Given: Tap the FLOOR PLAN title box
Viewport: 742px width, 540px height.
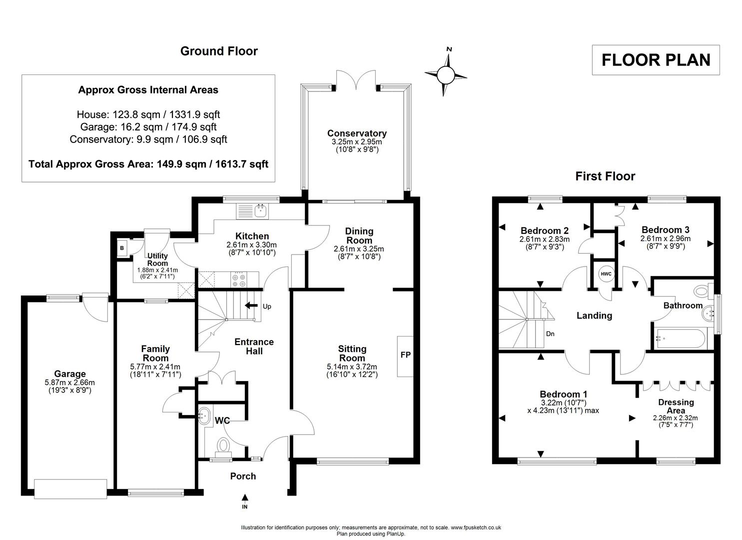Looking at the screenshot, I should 655,60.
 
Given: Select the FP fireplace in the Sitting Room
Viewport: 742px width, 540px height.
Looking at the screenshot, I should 405,355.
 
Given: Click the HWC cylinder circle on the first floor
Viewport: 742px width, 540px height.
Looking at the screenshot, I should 606,274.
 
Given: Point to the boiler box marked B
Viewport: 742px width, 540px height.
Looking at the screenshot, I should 121,247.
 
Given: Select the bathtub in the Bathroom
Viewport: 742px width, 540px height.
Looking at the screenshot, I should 680,338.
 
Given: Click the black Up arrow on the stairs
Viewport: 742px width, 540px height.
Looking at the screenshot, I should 251,305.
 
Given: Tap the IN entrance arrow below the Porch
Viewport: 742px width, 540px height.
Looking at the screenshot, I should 245,498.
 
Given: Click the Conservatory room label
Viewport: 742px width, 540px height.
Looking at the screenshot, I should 357,133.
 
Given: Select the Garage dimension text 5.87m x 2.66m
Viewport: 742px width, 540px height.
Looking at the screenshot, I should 70,382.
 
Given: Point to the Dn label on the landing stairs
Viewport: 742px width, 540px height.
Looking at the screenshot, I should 550,334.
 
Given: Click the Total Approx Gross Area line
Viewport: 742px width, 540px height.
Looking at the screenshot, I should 148,164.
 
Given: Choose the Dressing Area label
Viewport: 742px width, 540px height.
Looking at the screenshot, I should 676,406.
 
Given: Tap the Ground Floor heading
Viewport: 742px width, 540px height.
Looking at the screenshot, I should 219,51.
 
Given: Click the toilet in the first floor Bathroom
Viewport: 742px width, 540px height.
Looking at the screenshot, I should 702,290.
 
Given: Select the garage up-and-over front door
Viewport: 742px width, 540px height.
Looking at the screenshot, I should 70,488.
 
